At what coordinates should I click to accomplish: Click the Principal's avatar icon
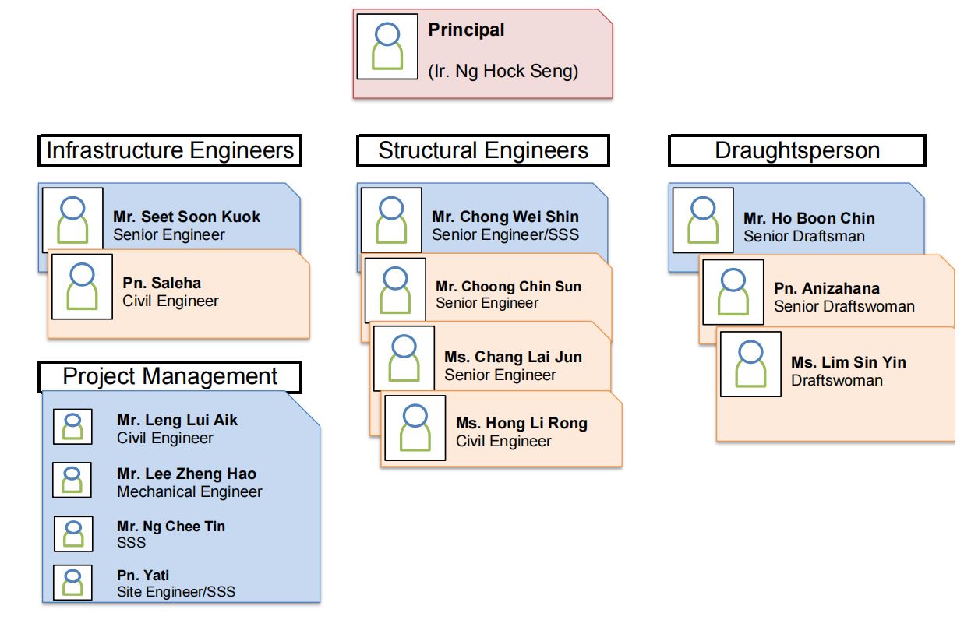pos(387,47)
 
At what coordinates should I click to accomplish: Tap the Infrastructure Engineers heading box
pos(170,150)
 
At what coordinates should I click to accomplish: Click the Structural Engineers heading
pos(483,150)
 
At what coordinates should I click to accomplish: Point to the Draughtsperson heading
pos(797,150)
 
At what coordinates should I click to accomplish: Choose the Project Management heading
pos(170,376)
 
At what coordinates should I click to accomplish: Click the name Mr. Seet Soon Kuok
pos(187,217)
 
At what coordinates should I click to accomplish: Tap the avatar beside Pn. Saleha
pos(82,287)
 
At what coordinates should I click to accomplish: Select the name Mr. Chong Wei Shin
pos(505,217)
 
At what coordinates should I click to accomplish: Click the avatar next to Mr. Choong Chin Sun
pos(396,291)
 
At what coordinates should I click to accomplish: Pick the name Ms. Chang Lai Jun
pos(513,357)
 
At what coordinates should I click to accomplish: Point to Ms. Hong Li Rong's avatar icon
pos(415,428)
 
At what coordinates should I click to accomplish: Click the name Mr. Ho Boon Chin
pos(809,218)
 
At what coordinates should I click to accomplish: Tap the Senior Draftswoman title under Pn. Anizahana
pos(844,306)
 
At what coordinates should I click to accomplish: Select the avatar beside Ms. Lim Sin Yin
pos(751,364)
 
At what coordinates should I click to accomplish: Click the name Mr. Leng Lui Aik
pos(177,420)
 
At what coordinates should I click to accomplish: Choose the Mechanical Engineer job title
pos(189,491)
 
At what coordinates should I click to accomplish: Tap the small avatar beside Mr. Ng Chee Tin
pos(73,534)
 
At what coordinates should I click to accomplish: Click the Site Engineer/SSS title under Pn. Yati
pos(176,592)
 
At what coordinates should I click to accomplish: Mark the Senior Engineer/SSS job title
pos(505,235)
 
